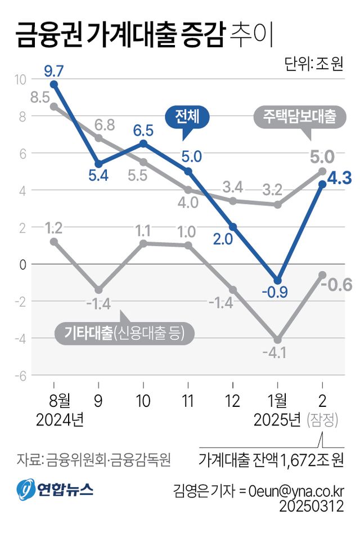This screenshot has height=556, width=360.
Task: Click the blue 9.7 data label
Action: tap(54, 71)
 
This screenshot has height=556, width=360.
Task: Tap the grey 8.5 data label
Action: tap(40, 97)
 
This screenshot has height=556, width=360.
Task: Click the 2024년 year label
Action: tap(59, 420)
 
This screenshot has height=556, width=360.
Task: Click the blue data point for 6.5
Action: tap(143, 144)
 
